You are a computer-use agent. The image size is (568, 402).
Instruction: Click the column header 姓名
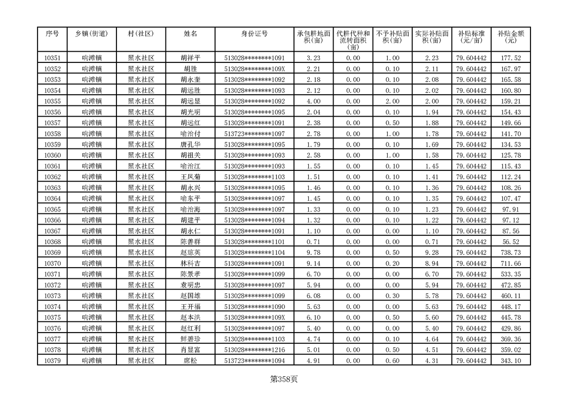coord(190,33)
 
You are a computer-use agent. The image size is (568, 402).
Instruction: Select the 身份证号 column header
coord(255,33)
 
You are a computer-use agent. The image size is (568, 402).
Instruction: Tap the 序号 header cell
coord(52,33)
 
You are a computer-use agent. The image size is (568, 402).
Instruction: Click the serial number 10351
coord(52,58)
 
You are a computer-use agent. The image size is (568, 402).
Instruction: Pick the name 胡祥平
coord(190,58)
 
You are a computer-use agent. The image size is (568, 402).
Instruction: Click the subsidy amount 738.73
coord(510,252)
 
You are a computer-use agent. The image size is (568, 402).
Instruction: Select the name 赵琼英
coord(190,252)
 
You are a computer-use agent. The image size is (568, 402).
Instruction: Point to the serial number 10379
coord(52,360)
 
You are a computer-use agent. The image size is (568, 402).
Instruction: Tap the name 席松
coord(190,360)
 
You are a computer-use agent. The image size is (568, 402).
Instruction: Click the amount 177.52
coord(510,58)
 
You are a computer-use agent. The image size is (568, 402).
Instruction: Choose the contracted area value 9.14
coord(313,263)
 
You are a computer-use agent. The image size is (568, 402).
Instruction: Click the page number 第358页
coord(284,379)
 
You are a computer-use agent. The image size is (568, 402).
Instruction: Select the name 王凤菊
coord(190,177)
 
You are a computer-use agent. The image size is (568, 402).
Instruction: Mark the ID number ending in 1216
coord(255,350)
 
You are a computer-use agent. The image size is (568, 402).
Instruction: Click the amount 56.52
coord(510,242)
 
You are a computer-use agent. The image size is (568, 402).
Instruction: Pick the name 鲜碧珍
coord(190,339)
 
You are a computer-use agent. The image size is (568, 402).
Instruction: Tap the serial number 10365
coord(52,209)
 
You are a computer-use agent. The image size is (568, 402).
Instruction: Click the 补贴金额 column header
coord(510,36)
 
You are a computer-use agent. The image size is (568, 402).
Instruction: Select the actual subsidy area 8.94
coord(432,263)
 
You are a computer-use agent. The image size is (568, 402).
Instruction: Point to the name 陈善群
coord(190,242)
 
